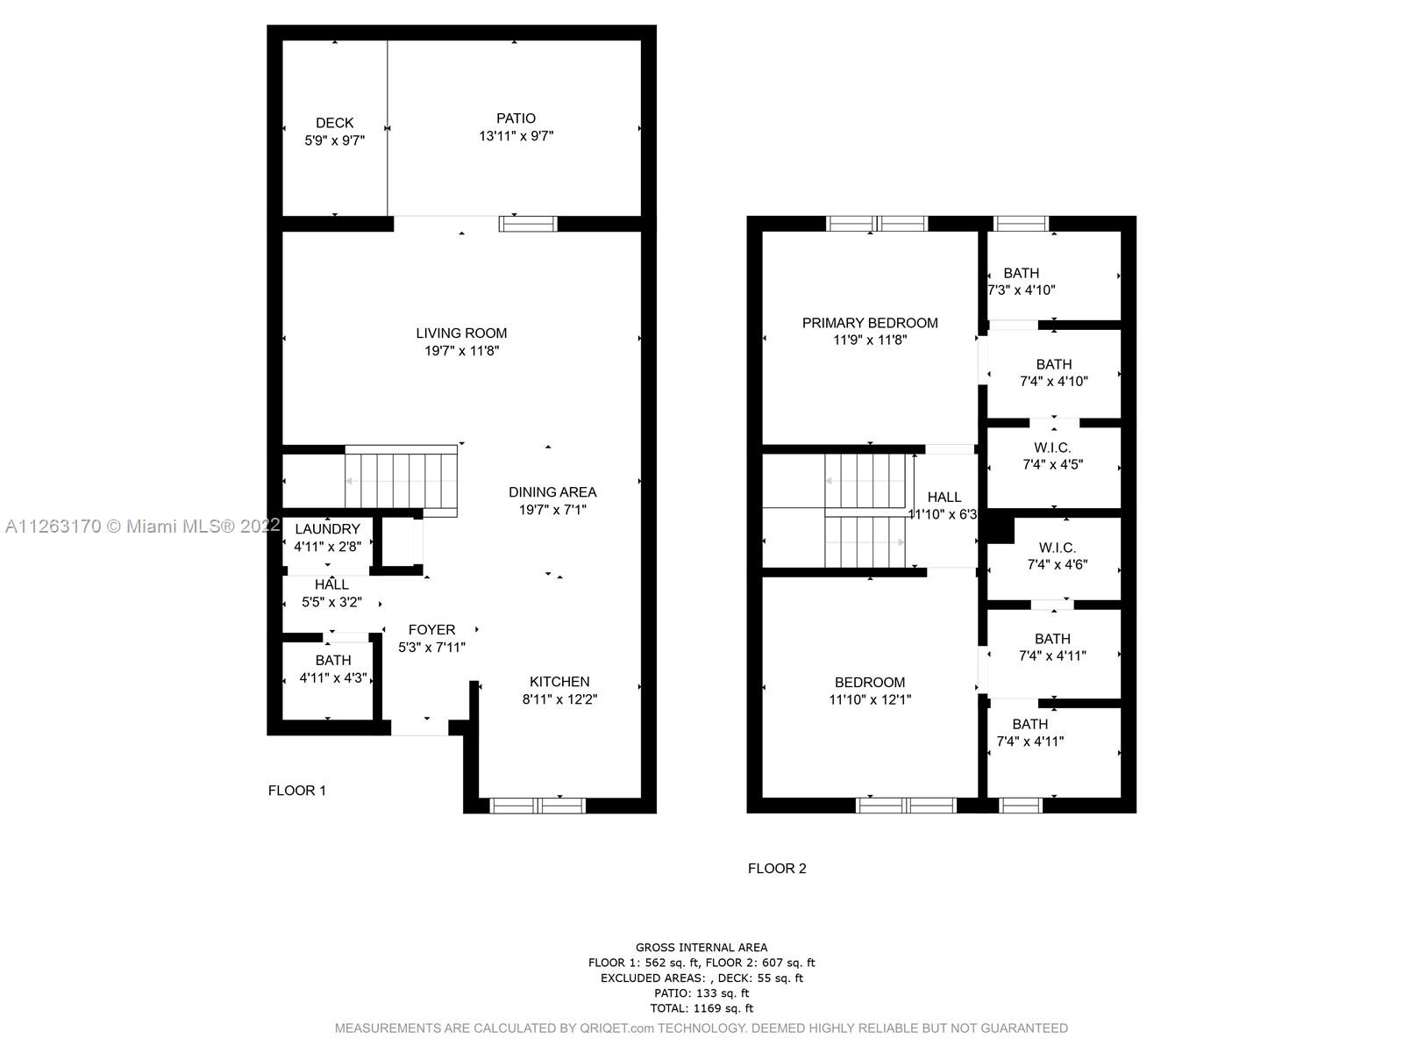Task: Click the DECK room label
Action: pyautogui.click(x=334, y=123)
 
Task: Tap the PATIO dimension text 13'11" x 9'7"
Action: pyautogui.click(x=516, y=135)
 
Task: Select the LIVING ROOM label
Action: pyautogui.click(x=461, y=333)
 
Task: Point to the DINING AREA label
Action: pyautogui.click(x=552, y=492)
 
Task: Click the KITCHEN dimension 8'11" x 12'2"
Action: pyautogui.click(x=559, y=699)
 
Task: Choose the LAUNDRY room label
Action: pyautogui.click(x=327, y=529)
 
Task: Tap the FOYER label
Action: pyautogui.click(x=431, y=630)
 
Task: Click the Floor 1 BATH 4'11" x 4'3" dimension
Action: pyautogui.click(x=333, y=677)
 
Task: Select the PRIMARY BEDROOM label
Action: pyautogui.click(x=870, y=324)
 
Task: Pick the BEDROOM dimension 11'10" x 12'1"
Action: pyautogui.click(x=870, y=699)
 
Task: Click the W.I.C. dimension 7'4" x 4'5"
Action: pyautogui.click(x=1053, y=465)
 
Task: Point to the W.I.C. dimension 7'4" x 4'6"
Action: pyautogui.click(x=1058, y=564)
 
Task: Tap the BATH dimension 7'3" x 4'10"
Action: pyautogui.click(x=1022, y=290)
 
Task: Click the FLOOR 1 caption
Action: pyautogui.click(x=296, y=791)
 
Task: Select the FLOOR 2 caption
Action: pyautogui.click(x=777, y=868)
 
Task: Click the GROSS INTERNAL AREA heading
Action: pyautogui.click(x=701, y=948)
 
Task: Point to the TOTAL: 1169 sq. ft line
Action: pyautogui.click(x=701, y=1008)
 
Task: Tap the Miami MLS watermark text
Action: pyautogui.click(x=142, y=526)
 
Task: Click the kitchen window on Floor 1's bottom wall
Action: pyautogui.click(x=537, y=806)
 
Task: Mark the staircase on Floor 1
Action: pyautogui.click(x=401, y=481)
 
